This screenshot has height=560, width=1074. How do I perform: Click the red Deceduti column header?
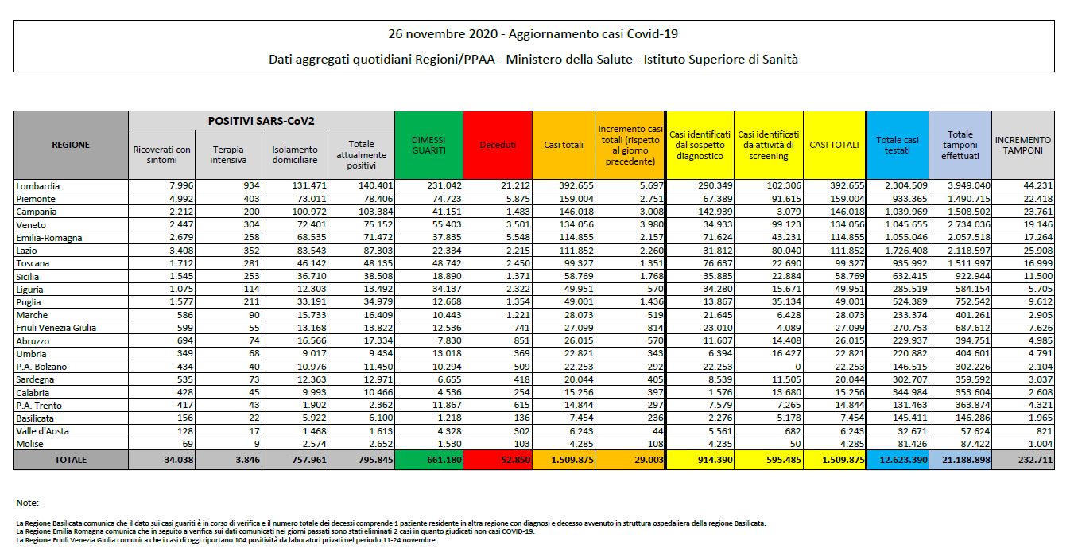pyautogui.click(x=498, y=145)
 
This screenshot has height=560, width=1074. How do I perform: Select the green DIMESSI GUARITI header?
pyautogui.click(x=428, y=145)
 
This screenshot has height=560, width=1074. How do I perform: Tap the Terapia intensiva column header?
pyautogui.click(x=228, y=154)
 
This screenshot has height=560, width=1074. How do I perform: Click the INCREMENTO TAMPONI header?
pyautogui.click(x=1023, y=145)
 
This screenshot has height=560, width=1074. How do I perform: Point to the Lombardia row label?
pyautogui.click(x=39, y=186)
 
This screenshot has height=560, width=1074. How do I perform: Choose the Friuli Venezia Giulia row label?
pyautogui.click(x=54, y=328)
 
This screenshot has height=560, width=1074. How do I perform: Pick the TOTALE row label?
pyautogui.click(x=71, y=460)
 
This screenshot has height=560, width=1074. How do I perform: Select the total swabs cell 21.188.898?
pyautogui.click(x=960, y=460)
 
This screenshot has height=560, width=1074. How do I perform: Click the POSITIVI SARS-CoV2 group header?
pyautogui.click(x=262, y=120)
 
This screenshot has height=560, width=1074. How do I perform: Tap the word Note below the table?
pyautogui.click(x=27, y=503)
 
